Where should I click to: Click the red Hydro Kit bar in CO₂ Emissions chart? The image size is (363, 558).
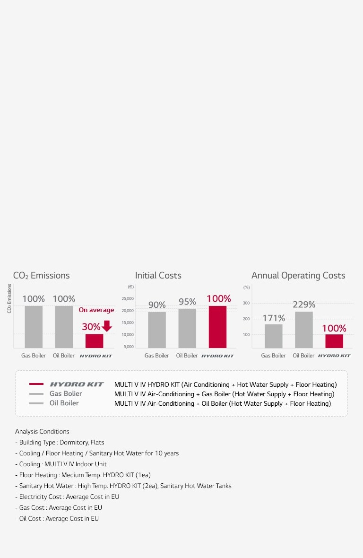pos(94,341)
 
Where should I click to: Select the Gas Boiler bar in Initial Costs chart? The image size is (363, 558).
pos(156,330)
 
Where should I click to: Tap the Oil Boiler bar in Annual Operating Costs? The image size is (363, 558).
pos(303,330)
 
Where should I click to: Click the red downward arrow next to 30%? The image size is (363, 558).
pos(107,326)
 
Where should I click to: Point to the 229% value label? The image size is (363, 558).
pos(303,305)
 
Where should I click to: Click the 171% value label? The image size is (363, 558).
pos(274,318)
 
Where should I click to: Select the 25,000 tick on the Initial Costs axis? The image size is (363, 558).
pos(128,298)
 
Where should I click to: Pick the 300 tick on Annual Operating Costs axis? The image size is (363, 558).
pos(246,303)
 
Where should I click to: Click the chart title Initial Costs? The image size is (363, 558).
pos(158,275)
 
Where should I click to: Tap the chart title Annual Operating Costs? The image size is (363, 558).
pos(298,275)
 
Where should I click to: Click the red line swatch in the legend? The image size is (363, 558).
pos(36,384)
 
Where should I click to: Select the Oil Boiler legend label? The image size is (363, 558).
pos(64,403)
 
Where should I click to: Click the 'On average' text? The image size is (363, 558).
pos(96,310)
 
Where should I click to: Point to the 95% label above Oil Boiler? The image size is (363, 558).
pos(187,302)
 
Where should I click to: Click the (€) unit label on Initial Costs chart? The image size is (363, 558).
pos(130,287)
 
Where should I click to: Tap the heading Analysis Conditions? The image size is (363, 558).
pos(42,431)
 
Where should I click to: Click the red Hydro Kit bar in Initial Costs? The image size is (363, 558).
pos(217,327)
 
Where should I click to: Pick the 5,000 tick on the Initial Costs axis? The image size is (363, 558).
pos(129,347)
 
